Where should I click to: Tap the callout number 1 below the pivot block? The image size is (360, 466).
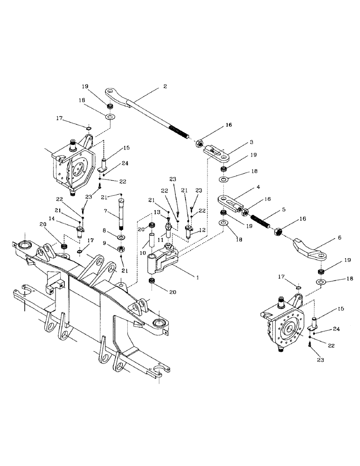point(197,277)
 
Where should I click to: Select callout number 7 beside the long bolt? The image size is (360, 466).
point(106,211)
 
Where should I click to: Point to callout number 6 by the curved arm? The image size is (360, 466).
point(339,237)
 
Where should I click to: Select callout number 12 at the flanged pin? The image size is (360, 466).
point(202,230)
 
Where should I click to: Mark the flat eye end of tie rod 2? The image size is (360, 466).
point(112,91)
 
